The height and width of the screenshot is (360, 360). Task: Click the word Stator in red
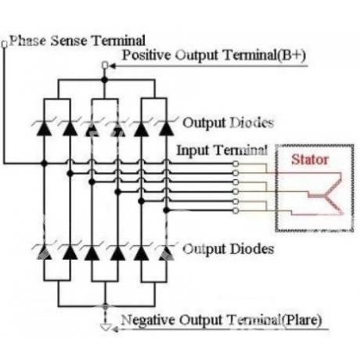click(310, 160)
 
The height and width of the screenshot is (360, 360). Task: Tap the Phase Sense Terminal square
click(5, 45)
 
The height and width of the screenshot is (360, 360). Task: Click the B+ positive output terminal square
click(105, 65)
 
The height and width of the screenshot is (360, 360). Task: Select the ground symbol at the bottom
click(106, 327)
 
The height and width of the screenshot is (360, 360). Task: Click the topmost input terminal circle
click(236, 164)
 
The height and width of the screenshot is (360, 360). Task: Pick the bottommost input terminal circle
click(236, 211)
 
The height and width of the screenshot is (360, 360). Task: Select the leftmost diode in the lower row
click(44, 253)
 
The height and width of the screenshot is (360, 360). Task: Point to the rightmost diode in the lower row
click(166, 253)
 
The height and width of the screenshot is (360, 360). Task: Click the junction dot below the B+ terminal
click(105, 80)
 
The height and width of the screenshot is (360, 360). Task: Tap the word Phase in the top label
click(28, 41)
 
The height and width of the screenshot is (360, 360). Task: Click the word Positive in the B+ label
click(147, 56)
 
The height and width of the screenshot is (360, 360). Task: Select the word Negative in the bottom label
click(148, 320)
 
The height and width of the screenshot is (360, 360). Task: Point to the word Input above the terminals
click(193, 150)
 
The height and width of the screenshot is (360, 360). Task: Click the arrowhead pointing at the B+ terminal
click(113, 66)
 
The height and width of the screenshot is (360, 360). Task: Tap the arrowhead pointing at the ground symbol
click(115, 329)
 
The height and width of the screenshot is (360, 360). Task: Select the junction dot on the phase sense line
click(44, 164)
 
